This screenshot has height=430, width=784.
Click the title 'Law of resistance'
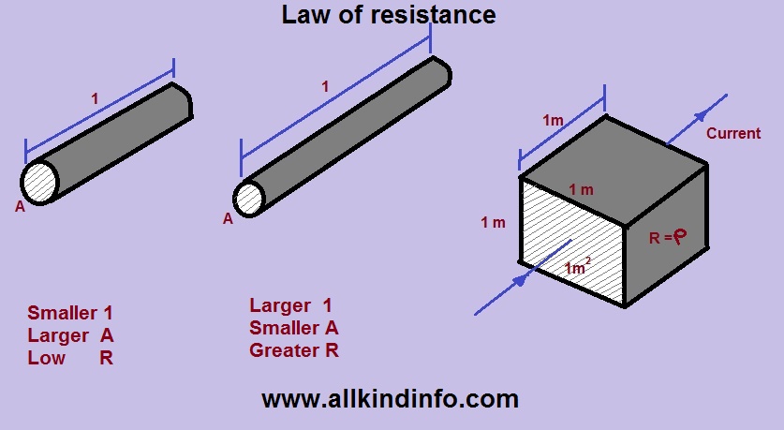[389, 16]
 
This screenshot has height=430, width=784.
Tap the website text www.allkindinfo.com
[390, 399]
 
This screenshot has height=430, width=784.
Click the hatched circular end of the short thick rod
[40, 182]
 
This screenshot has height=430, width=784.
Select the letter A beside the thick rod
[20, 207]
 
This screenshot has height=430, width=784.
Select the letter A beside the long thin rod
[228, 219]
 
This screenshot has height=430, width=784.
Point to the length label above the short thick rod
[94, 97]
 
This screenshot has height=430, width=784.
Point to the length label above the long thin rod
[325, 87]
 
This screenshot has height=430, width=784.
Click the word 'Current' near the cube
[733, 133]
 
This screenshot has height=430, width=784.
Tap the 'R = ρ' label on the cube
[668, 237]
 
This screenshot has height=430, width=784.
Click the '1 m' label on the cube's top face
[581, 190]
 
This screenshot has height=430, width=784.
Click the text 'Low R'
[70, 358]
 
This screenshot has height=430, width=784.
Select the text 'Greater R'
[294, 351]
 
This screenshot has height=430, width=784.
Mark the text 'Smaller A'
[294, 328]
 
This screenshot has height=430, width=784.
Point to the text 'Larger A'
[70, 335]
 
